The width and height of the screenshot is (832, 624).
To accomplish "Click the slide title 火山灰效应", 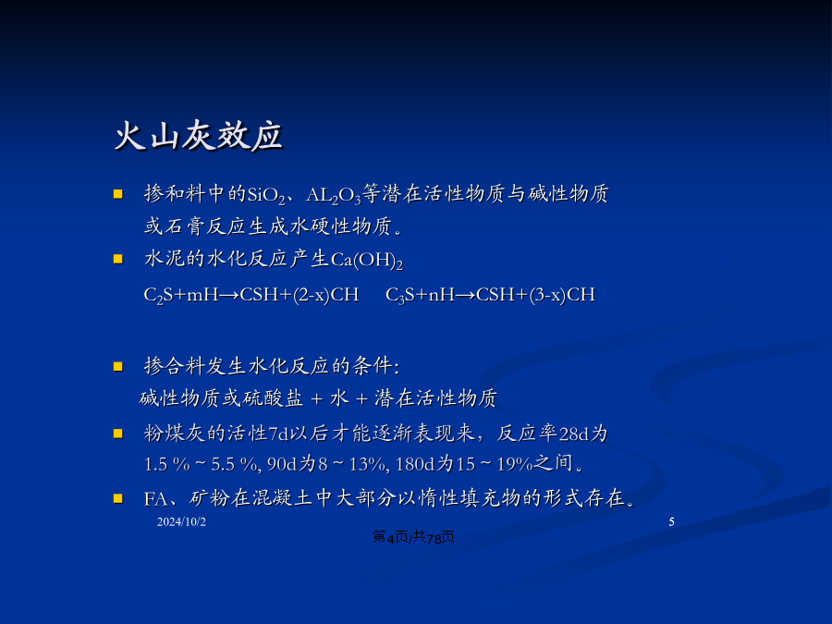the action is (199, 137).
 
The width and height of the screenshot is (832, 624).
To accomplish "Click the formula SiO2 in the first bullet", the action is (266, 195).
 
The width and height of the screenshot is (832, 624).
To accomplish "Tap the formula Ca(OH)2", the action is (367, 261).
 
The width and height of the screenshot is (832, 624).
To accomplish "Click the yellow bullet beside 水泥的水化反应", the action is (117, 259).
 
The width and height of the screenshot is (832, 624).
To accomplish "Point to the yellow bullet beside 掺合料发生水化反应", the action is (117, 367).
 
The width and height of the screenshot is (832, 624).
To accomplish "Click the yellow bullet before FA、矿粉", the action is (117, 498).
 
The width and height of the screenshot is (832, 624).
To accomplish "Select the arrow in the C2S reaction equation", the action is (228, 295).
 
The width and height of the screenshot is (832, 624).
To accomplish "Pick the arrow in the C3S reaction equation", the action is (465, 295).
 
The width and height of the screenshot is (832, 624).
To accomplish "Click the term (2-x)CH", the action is (325, 295).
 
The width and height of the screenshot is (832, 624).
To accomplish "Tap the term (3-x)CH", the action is (562, 295).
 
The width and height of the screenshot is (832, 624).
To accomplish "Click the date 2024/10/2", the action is (181, 522).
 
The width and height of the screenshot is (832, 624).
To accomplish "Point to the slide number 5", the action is (671, 522).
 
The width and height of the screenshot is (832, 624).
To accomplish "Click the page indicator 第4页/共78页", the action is (413, 537).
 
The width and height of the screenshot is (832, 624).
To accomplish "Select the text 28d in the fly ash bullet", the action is (574, 434).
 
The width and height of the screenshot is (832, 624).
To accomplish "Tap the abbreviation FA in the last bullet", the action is (155, 499).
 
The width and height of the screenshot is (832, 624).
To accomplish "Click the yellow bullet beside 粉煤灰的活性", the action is (117, 434).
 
